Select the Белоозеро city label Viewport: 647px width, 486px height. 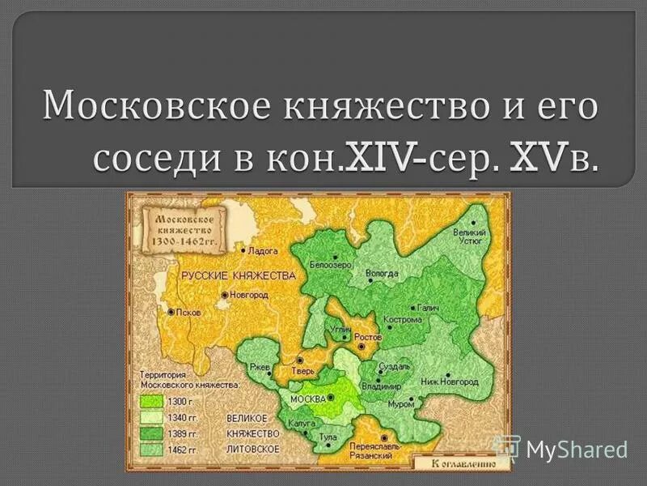click(329, 265)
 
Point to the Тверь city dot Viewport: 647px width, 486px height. click(300, 360)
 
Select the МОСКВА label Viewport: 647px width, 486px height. click(307, 399)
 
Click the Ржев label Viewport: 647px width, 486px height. click(261, 366)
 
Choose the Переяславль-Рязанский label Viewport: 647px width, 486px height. click(371, 451)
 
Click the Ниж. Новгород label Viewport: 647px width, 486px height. click(450, 381)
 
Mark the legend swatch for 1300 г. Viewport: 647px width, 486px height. click(150, 402)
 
